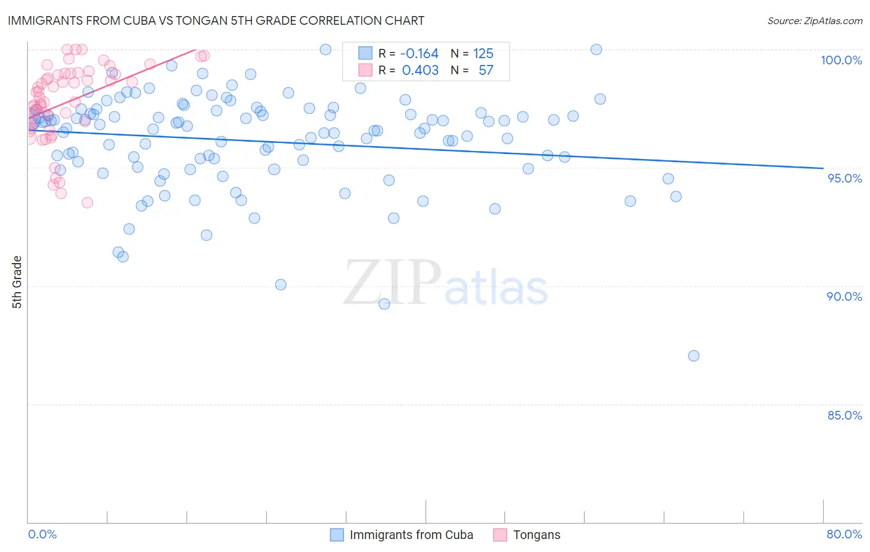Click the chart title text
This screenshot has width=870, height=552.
click(215, 20)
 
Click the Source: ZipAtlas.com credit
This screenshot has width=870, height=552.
click(814, 20)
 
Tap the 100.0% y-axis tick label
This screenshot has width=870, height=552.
click(841, 60)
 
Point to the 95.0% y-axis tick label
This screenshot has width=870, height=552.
click(845, 178)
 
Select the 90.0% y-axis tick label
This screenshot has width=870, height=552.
click(844, 296)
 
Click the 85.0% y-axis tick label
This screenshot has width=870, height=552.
click(845, 415)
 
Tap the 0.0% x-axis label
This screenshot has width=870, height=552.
click(42, 534)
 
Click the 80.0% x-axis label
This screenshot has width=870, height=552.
click(844, 534)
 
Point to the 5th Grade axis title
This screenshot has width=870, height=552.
click(17, 282)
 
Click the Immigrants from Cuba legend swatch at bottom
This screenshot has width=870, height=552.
click(337, 535)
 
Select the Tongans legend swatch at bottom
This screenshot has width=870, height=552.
click(500, 535)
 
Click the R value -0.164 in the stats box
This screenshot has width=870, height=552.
click(420, 54)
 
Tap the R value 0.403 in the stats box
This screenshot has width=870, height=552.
click(420, 71)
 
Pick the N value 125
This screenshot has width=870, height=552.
click(483, 54)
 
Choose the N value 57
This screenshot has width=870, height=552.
click(486, 71)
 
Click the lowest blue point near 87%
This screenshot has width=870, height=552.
click(694, 356)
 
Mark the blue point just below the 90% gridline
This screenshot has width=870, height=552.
click(384, 304)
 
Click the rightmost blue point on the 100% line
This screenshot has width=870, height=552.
click(597, 50)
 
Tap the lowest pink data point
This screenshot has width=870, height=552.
click(87, 202)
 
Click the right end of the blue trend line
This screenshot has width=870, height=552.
click(823, 168)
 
